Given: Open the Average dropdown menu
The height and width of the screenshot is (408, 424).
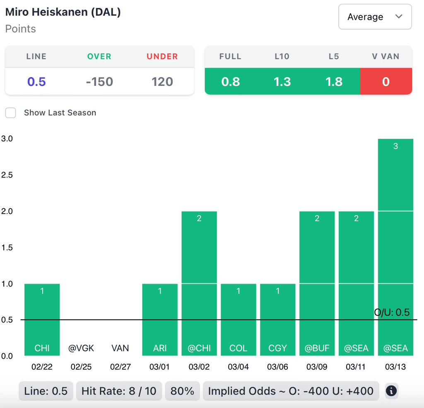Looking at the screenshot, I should [375, 17].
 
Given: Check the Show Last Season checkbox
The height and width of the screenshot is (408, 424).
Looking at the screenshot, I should [10, 113].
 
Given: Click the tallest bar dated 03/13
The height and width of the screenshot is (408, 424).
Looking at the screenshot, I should [395, 247].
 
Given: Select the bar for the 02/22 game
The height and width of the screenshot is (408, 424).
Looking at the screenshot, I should [42, 319].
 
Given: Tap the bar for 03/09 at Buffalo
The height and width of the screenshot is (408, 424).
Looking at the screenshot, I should [317, 283].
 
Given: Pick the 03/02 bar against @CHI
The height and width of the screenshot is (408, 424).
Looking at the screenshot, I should [199, 283].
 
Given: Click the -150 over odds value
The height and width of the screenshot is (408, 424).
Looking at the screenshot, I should [99, 82].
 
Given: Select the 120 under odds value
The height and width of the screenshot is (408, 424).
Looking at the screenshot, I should [162, 82].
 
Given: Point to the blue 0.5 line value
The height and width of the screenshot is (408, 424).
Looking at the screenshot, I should [36, 82].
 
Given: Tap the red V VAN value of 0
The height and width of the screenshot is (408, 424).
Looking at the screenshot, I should [386, 82].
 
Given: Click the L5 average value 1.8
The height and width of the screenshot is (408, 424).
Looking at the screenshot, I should [334, 82].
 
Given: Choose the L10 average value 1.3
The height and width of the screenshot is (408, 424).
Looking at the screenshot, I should [282, 82].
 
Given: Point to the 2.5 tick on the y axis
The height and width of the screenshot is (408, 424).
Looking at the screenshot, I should [7, 175].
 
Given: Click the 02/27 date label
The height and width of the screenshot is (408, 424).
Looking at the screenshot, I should [120, 367].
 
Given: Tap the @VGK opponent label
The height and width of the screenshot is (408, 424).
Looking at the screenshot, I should [81, 348].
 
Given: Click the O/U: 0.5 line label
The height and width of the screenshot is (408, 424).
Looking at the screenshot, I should [392, 312].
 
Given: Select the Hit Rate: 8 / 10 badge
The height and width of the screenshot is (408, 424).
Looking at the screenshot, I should [119, 391].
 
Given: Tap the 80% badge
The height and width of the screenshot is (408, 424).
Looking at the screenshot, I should [183, 391].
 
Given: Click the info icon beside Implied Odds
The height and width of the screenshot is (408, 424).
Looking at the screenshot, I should [391, 391].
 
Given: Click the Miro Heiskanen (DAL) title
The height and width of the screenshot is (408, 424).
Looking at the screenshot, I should [63, 12].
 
